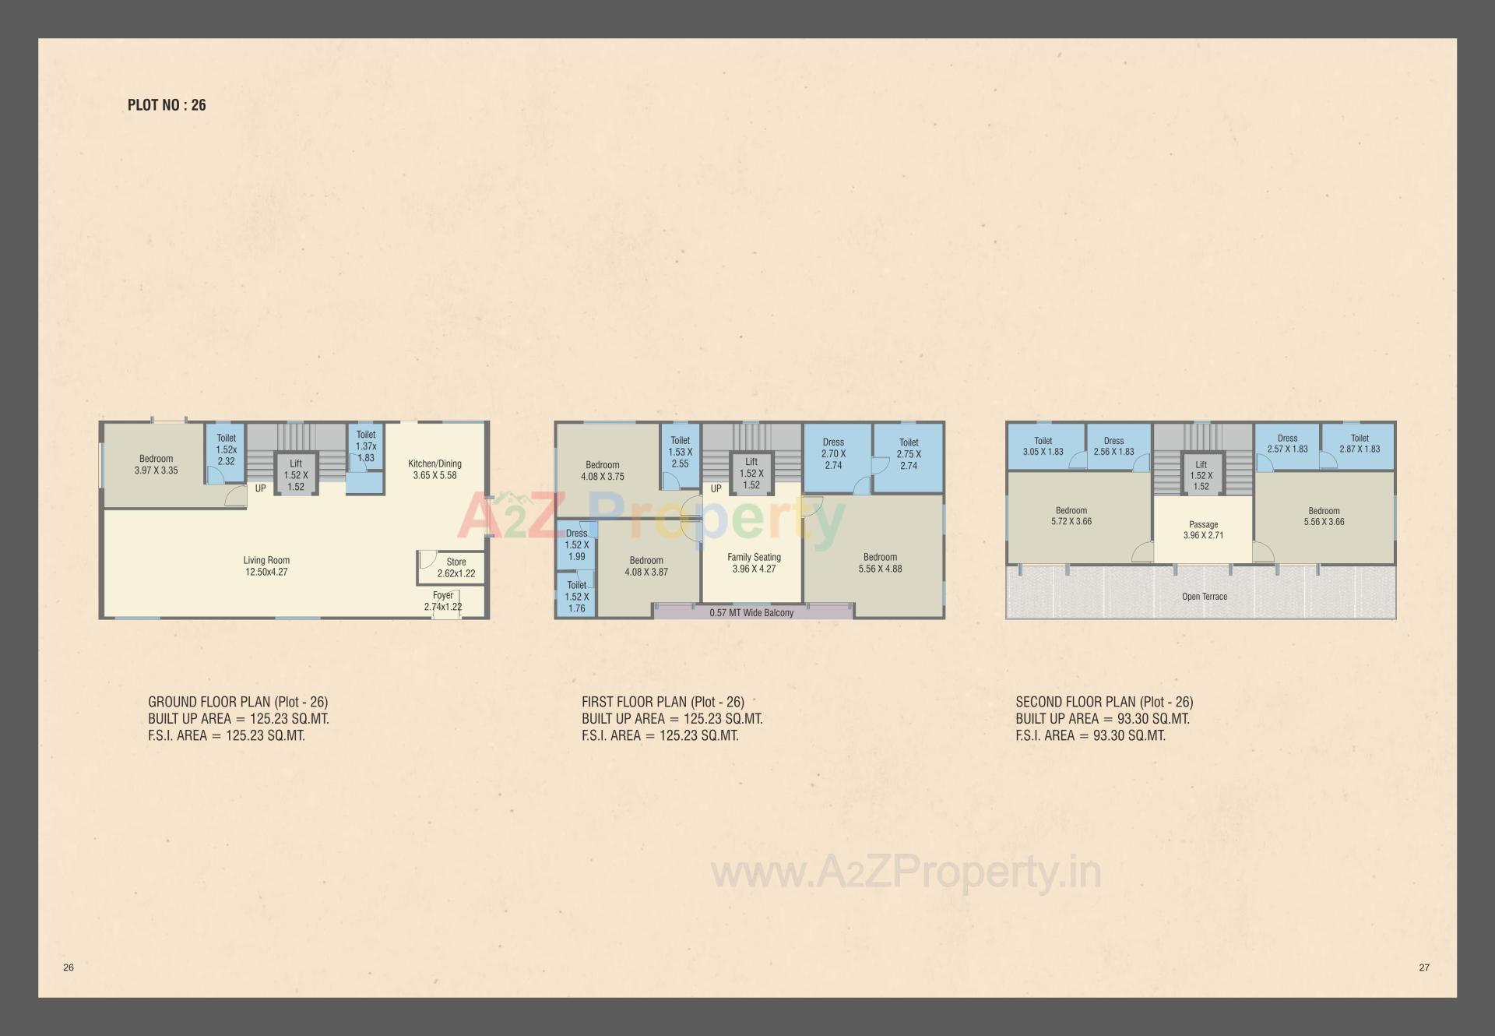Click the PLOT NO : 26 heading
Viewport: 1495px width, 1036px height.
pyautogui.click(x=167, y=105)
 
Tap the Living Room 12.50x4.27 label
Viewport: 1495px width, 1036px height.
pyautogui.click(x=266, y=566)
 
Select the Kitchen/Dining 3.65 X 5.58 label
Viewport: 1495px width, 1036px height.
pyautogui.click(x=434, y=469)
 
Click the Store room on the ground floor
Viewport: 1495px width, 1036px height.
pyautogui.click(x=456, y=567)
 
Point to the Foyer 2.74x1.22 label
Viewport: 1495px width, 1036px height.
pyautogui.click(x=443, y=601)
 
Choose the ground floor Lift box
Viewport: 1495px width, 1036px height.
pyautogui.click(x=296, y=475)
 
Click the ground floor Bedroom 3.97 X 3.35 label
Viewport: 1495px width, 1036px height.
pyautogui.click(x=156, y=464)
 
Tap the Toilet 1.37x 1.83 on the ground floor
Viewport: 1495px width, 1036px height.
pyautogui.click(x=366, y=446)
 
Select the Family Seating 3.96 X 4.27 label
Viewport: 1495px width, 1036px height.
pyautogui.click(x=754, y=563)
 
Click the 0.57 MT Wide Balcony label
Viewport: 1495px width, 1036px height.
pyautogui.click(x=751, y=613)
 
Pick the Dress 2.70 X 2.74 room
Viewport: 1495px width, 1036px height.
pyautogui.click(x=833, y=453)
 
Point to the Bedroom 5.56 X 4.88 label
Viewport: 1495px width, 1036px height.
pyautogui.click(x=880, y=563)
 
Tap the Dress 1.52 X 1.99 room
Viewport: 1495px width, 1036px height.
pyautogui.click(x=576, y=544)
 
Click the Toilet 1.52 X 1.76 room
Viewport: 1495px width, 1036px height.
pyautogui.click(x=576, y=597)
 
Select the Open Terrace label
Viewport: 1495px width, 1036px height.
pyautogui.click(x=1204, y=597)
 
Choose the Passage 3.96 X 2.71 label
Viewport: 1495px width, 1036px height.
pyautogui.click(x=1203, y=530)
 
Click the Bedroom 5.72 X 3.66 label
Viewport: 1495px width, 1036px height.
pyautogui.click(x=1071, y=516)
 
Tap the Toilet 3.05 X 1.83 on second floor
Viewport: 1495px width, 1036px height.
pyautogui.click(x=1043, y=446)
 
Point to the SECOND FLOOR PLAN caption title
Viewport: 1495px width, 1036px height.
pyautogui.click(x=1104, y=702)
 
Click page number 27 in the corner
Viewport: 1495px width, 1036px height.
pyautogui.click(x=1424, y=967)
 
